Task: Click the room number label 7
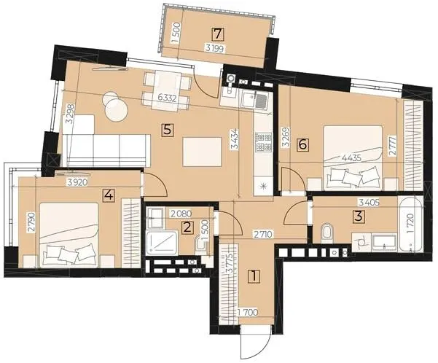coord(218,34)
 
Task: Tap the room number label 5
coord(168,130)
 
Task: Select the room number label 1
coord(254,276)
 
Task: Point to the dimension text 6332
coord(167,98)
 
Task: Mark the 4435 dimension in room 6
coord(352,157)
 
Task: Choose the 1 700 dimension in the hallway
coord(247,313)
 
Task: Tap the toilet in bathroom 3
coord(327,232)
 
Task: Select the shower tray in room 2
coord(162,243)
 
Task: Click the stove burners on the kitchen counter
coord(263,141)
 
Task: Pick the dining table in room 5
coord(167,90)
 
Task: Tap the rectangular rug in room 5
coord(203,152)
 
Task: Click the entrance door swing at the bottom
coord(255,344)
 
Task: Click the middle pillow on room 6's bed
coord(352,177)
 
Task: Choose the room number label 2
coord(187,227)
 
